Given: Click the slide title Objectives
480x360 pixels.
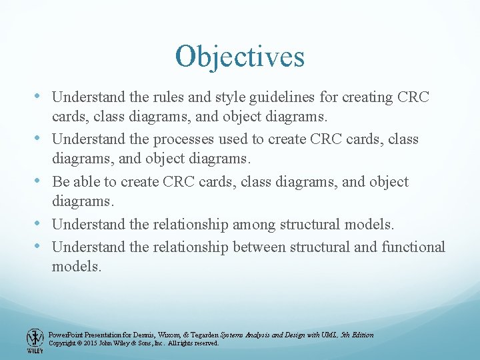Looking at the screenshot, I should [x=239, y=57].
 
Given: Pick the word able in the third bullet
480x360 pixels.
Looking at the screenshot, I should [x=86, y=182].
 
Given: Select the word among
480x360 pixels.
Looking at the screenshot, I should [x=253, y=225].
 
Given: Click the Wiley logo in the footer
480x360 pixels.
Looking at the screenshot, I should [x=35, y=341].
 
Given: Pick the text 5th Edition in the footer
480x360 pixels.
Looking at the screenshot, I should [x=357, y=335].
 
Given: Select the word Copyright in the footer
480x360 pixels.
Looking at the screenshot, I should [x=63, y=343].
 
